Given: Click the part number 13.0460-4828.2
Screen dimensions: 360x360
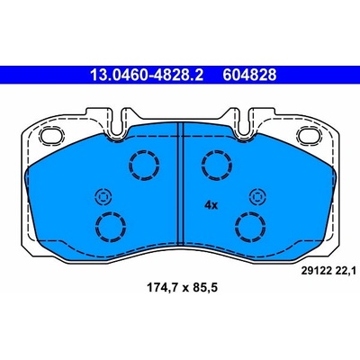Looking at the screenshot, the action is coord(147,75).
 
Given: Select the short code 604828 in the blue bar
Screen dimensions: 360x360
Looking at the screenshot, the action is coord(249,75).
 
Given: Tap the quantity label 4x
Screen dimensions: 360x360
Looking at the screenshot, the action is coord(211,205).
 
